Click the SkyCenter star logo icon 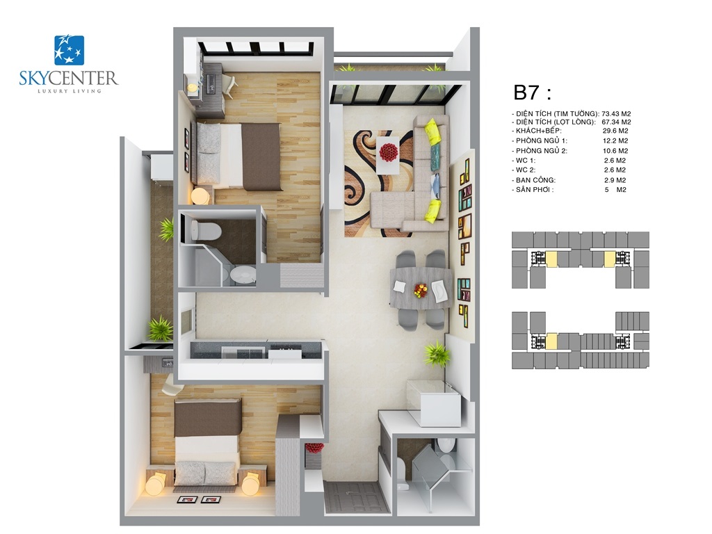tap(69, 50)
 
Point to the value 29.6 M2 tap(615, 131)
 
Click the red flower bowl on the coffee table tap(387, 150)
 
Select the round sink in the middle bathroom tap(243, 275)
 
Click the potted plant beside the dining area tap(437, 354)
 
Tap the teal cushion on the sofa tap(434, 154)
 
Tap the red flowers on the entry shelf tap(314, 448)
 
